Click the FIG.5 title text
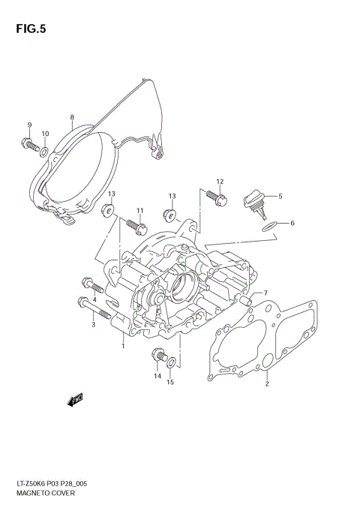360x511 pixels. [x=31, y=29]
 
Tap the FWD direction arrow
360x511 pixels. [x=75, y=399]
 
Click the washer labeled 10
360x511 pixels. [x=45, y=152]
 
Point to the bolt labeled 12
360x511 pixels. [x=217, y=197]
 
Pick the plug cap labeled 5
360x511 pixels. [x=255, y=203]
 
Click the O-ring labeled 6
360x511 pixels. [x=269, y=226]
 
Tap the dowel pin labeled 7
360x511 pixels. [x=246, y=300]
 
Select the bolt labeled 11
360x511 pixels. [x=136, y=227]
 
